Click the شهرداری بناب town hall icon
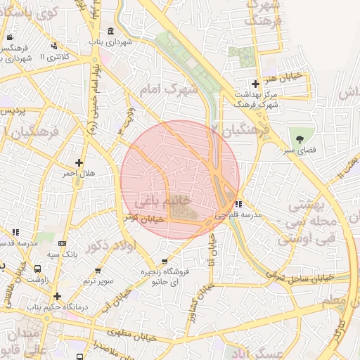[x=111, y=31]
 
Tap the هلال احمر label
[x=79, y=173]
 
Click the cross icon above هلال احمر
[x=79, y=162]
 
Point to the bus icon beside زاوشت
[x=37, y=268]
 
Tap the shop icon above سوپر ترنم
[x=98, y=270]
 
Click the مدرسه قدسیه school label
[x=17, y=243]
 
